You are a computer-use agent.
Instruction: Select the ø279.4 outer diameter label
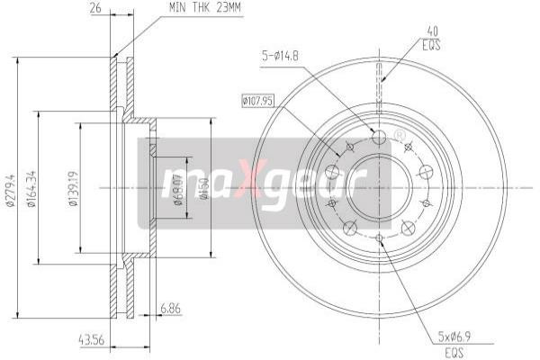pyautogui.click(x=10, y=188)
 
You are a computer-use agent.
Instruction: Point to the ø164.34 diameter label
pyautogui.click(x=31, y=188)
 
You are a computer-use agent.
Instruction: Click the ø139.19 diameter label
pyautogui.click(x=72, y=188)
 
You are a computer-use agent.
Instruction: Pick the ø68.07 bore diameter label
pyautogui.click(x=178, y=188)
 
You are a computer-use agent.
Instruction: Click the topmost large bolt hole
pyautogui.click(x=379, y=137)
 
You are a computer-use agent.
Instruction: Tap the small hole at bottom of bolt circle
pyautogui.click(x=379, y=238)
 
